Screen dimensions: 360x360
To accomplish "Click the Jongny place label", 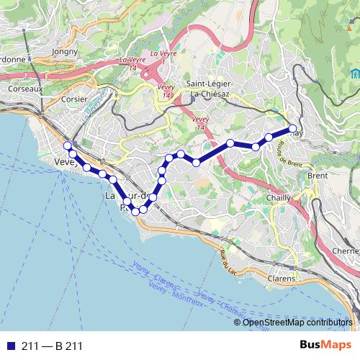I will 65,51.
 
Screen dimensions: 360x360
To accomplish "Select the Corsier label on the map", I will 75,101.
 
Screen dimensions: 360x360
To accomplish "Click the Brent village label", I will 318,176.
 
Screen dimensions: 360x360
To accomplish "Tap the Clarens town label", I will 281,278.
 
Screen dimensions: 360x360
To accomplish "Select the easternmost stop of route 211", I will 293,129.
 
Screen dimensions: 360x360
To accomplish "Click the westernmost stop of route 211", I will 68,146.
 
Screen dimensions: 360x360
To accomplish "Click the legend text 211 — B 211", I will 52,346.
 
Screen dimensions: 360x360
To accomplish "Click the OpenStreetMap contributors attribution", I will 297,323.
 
